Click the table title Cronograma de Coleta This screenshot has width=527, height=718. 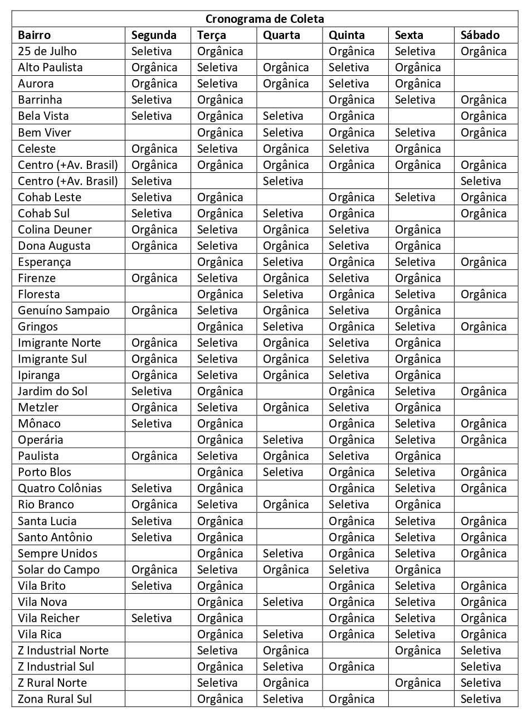click(x=265, y=18)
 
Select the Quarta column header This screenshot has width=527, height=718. click(x=281, y=35)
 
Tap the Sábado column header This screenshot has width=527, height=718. click(x=480, y=35)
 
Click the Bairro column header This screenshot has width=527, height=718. click(x=34, y=35)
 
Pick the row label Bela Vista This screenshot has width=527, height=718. click(x=45, y=116)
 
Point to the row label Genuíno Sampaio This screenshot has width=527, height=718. click(x=64, y=310)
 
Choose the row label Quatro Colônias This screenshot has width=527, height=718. click(x=60, y=488)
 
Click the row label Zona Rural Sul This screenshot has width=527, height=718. click(x=55, y=698)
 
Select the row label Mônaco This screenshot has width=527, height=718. click(x=39, y=423)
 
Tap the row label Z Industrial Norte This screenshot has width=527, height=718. click(x=63, y=650)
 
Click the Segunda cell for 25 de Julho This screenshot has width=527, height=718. click(x=152, y=51)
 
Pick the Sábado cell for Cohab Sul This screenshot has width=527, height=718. click(x=484, y=213)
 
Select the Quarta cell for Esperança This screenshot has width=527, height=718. click(x=283, y=261)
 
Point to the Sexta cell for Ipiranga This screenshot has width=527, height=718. click(x=418, y=375)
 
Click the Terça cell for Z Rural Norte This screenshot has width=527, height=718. click(x=217, y=682)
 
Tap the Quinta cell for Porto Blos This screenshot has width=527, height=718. click(x=352, y=472)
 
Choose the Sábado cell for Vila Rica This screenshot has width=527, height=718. click(x=484, y=634)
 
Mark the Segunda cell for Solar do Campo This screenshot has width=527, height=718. click(x=154, y=569)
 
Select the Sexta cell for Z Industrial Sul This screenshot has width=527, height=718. click(x=421, y=666)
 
